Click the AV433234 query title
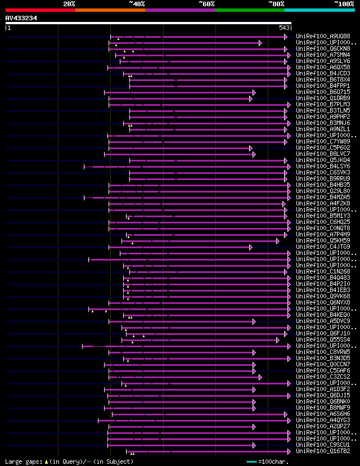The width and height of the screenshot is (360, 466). pos(21,18)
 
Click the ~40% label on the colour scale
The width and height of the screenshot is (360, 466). pos(137,3)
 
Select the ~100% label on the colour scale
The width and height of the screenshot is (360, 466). pos(344,3)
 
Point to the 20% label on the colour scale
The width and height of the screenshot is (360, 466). pos(69,3)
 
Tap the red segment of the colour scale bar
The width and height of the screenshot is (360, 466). pos(40,10)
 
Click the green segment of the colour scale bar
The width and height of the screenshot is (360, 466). pos(249,10)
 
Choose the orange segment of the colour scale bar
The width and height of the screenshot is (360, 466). pos(110,10)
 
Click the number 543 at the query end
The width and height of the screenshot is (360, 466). pos(284,28)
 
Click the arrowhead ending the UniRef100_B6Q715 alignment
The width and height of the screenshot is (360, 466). pos(254,92)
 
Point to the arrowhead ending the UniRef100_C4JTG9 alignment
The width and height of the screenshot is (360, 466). pos(251,247)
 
